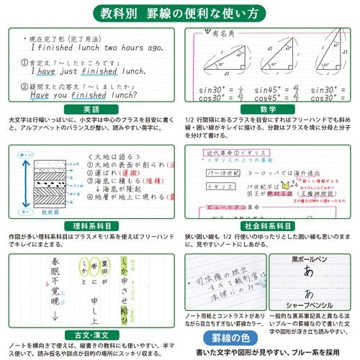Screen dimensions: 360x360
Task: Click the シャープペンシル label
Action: pyautogui.click(x=310, y=322)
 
